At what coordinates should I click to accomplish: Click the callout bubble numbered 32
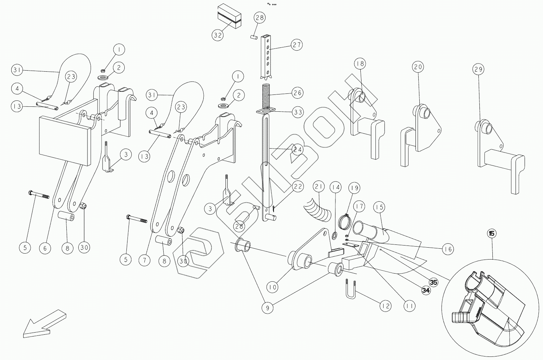[218, 35]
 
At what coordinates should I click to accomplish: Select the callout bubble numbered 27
[297, 45]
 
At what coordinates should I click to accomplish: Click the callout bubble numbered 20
[419, 67]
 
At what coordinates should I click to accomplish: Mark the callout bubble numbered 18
[360, 64]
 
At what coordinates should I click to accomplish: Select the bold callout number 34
[426, 290]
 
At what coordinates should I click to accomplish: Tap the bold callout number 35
[433, 282]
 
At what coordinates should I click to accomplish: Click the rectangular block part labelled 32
[229, 16]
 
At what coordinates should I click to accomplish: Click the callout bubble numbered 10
[273, 287]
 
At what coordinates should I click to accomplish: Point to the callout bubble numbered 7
[144, 260]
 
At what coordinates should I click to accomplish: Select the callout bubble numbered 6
[45, 248]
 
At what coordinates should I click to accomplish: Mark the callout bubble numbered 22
[297, 186]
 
